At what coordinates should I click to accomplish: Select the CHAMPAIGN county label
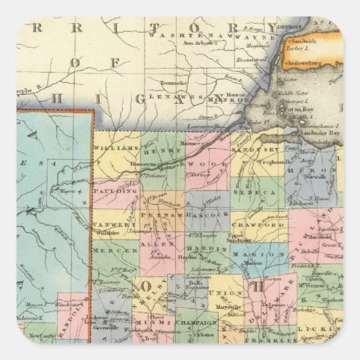pos(196,317)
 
